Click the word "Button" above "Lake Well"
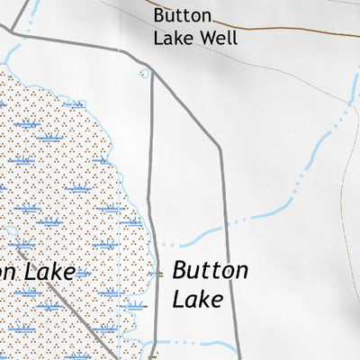click(x=183, y=16)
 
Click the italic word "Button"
click(x=210, y=269)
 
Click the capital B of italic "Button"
click(x=179, y=269)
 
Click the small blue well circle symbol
click(x=144, y=74)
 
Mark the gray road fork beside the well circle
click(x=151, y=74)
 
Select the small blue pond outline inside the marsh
click(x=12, y=231)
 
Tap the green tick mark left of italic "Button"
click(x=158, y=273)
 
